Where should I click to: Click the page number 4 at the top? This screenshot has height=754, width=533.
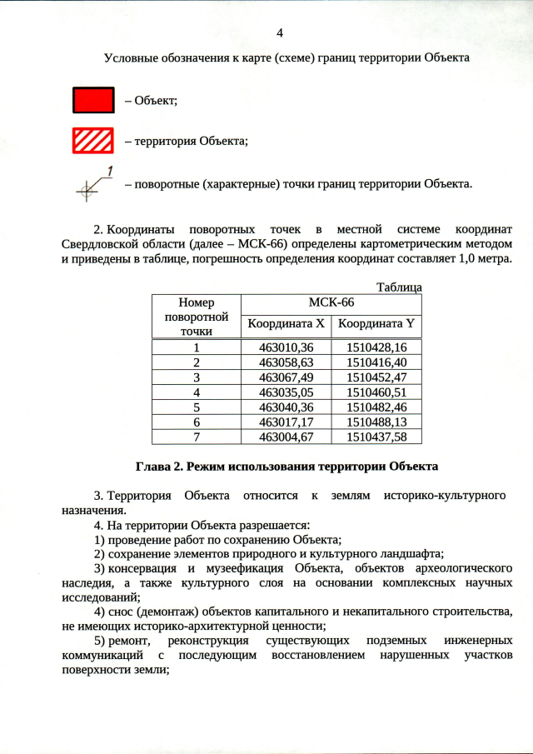pos(279,33)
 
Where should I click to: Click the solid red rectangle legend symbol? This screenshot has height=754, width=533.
pos(92,99)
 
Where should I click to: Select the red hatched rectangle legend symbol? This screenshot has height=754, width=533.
pos(92,140)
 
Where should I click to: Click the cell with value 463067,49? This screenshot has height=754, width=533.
pos(286,377)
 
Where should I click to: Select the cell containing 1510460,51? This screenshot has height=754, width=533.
pos(376,392)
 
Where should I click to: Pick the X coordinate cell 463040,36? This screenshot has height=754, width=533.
pos(286,407)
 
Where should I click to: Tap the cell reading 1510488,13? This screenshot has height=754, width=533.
pos(376,422)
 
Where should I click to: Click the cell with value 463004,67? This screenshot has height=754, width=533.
pos(286,436)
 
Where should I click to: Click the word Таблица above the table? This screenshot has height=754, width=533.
pos(399,287)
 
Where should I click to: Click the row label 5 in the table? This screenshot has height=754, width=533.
pos(197,407)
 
